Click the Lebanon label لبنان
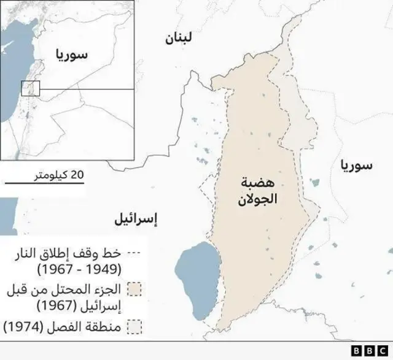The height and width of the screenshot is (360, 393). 178,39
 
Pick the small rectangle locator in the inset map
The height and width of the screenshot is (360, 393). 31,88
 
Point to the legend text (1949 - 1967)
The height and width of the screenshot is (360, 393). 80,269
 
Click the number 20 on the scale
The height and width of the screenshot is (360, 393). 77,175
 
